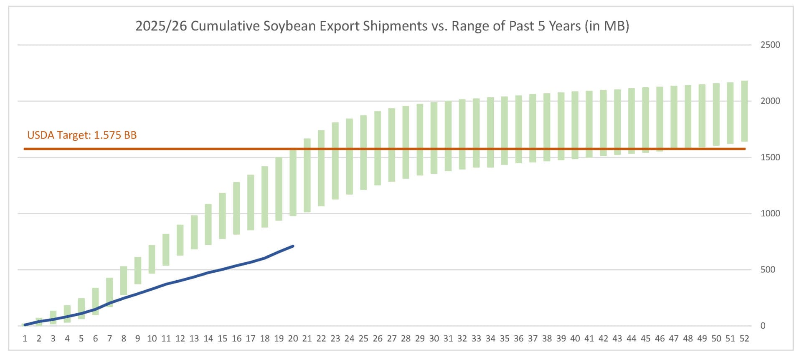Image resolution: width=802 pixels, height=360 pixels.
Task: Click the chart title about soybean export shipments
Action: [382, 26]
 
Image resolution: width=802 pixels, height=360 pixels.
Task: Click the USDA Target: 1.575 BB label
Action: [82, 135]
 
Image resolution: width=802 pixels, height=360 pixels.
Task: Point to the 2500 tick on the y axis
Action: [770, 45]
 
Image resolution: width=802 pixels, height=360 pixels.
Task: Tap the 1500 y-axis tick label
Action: [770, 157]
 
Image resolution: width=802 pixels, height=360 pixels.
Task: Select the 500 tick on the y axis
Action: [768, 269]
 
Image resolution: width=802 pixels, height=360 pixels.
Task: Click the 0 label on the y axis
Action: [763, 326]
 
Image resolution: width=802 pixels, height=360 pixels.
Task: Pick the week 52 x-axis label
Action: [744, 339]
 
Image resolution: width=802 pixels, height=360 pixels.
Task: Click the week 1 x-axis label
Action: [25, 339]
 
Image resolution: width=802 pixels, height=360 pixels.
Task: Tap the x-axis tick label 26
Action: [377, 339]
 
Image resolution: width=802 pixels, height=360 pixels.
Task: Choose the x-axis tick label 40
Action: [575, 339]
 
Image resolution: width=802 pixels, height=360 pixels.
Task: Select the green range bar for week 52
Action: [744, 111]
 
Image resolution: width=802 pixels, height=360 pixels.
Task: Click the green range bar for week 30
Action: [434, 138]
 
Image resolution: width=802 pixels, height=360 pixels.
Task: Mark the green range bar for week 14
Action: [208, 224]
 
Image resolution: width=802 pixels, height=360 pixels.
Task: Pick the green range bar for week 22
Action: [321, 168]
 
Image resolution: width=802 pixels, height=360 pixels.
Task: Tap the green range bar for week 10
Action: [152, 259]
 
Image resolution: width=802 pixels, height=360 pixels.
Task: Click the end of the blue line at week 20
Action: [293, 246]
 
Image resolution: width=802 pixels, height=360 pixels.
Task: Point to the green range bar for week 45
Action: [645, 120]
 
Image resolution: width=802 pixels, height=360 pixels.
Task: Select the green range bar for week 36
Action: [518, 129]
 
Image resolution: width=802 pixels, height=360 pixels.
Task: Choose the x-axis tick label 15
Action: [222, 339]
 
